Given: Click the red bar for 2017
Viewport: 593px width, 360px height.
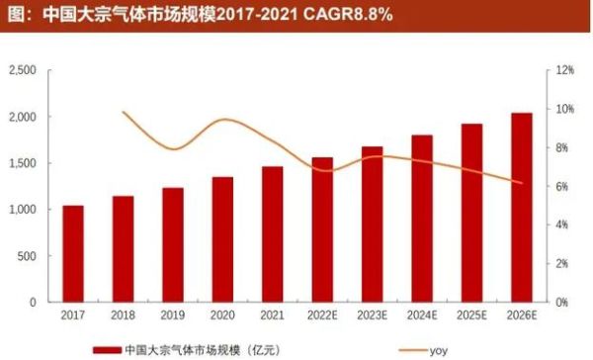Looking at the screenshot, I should [73, 253].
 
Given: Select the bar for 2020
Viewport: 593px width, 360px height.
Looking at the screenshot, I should [222, 239].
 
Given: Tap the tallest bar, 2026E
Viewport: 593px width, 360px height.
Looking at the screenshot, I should [521, 208].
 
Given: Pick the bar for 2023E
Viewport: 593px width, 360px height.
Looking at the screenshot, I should [372, 224].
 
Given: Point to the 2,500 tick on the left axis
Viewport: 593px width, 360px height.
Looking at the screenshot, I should [22, 70].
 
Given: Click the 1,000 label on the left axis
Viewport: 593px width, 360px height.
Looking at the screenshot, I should [22, 210].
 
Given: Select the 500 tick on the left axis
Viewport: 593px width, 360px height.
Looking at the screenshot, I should [28, 256].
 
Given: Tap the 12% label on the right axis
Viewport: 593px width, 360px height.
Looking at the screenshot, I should [565, 70].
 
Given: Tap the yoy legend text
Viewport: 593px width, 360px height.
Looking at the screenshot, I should [438, 349].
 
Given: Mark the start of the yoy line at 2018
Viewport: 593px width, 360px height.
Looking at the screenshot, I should [123, 112].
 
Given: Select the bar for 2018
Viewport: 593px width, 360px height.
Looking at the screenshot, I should [123, 248].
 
